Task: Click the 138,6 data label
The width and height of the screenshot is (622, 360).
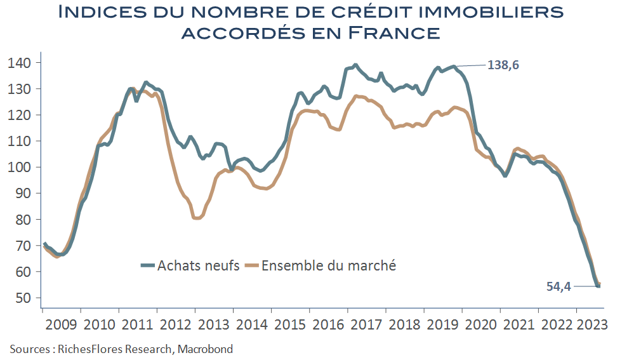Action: tap(507, 65)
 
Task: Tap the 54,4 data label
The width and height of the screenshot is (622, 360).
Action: tap(559, 286)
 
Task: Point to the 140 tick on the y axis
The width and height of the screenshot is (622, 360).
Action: tap(23, 63)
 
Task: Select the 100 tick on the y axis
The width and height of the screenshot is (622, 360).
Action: tap(23, 167)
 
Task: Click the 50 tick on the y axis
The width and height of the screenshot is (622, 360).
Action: tap(27, 298)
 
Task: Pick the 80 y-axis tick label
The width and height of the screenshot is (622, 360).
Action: tap(27, 220)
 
